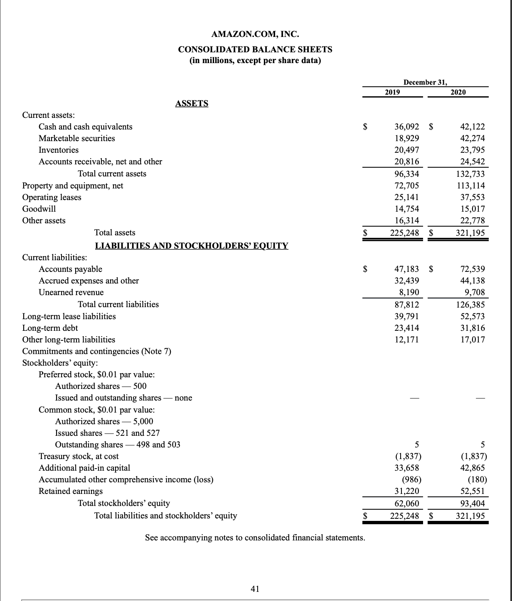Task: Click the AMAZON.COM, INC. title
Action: point(255,34)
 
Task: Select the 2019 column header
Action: point(392,92)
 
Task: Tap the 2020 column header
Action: point(458,92)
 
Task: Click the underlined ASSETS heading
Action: point(192,103)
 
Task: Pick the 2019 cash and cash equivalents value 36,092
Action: point(406,127)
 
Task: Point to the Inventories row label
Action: point(59,150)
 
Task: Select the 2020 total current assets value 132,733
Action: point(470,173)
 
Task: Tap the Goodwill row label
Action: point(39,209)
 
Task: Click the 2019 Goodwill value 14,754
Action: point(406,209)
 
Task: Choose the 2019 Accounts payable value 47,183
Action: point(406,269)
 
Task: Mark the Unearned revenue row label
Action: point(71,292)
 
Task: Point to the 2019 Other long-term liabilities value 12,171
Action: point(406,340)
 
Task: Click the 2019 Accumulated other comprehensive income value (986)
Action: point(410,479)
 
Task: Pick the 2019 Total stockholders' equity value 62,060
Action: point(406,503)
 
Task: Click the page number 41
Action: point(255,588)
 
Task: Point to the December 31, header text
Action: point(425,82)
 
